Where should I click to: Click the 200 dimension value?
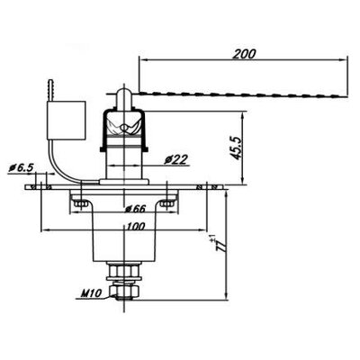tap(243, 53)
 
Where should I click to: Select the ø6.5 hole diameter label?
tap(20, 167)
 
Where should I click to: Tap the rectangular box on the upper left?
tap(65, 120)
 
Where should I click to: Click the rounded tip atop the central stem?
tap(124, 94)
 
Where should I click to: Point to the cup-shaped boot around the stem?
tap(123, 126)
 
